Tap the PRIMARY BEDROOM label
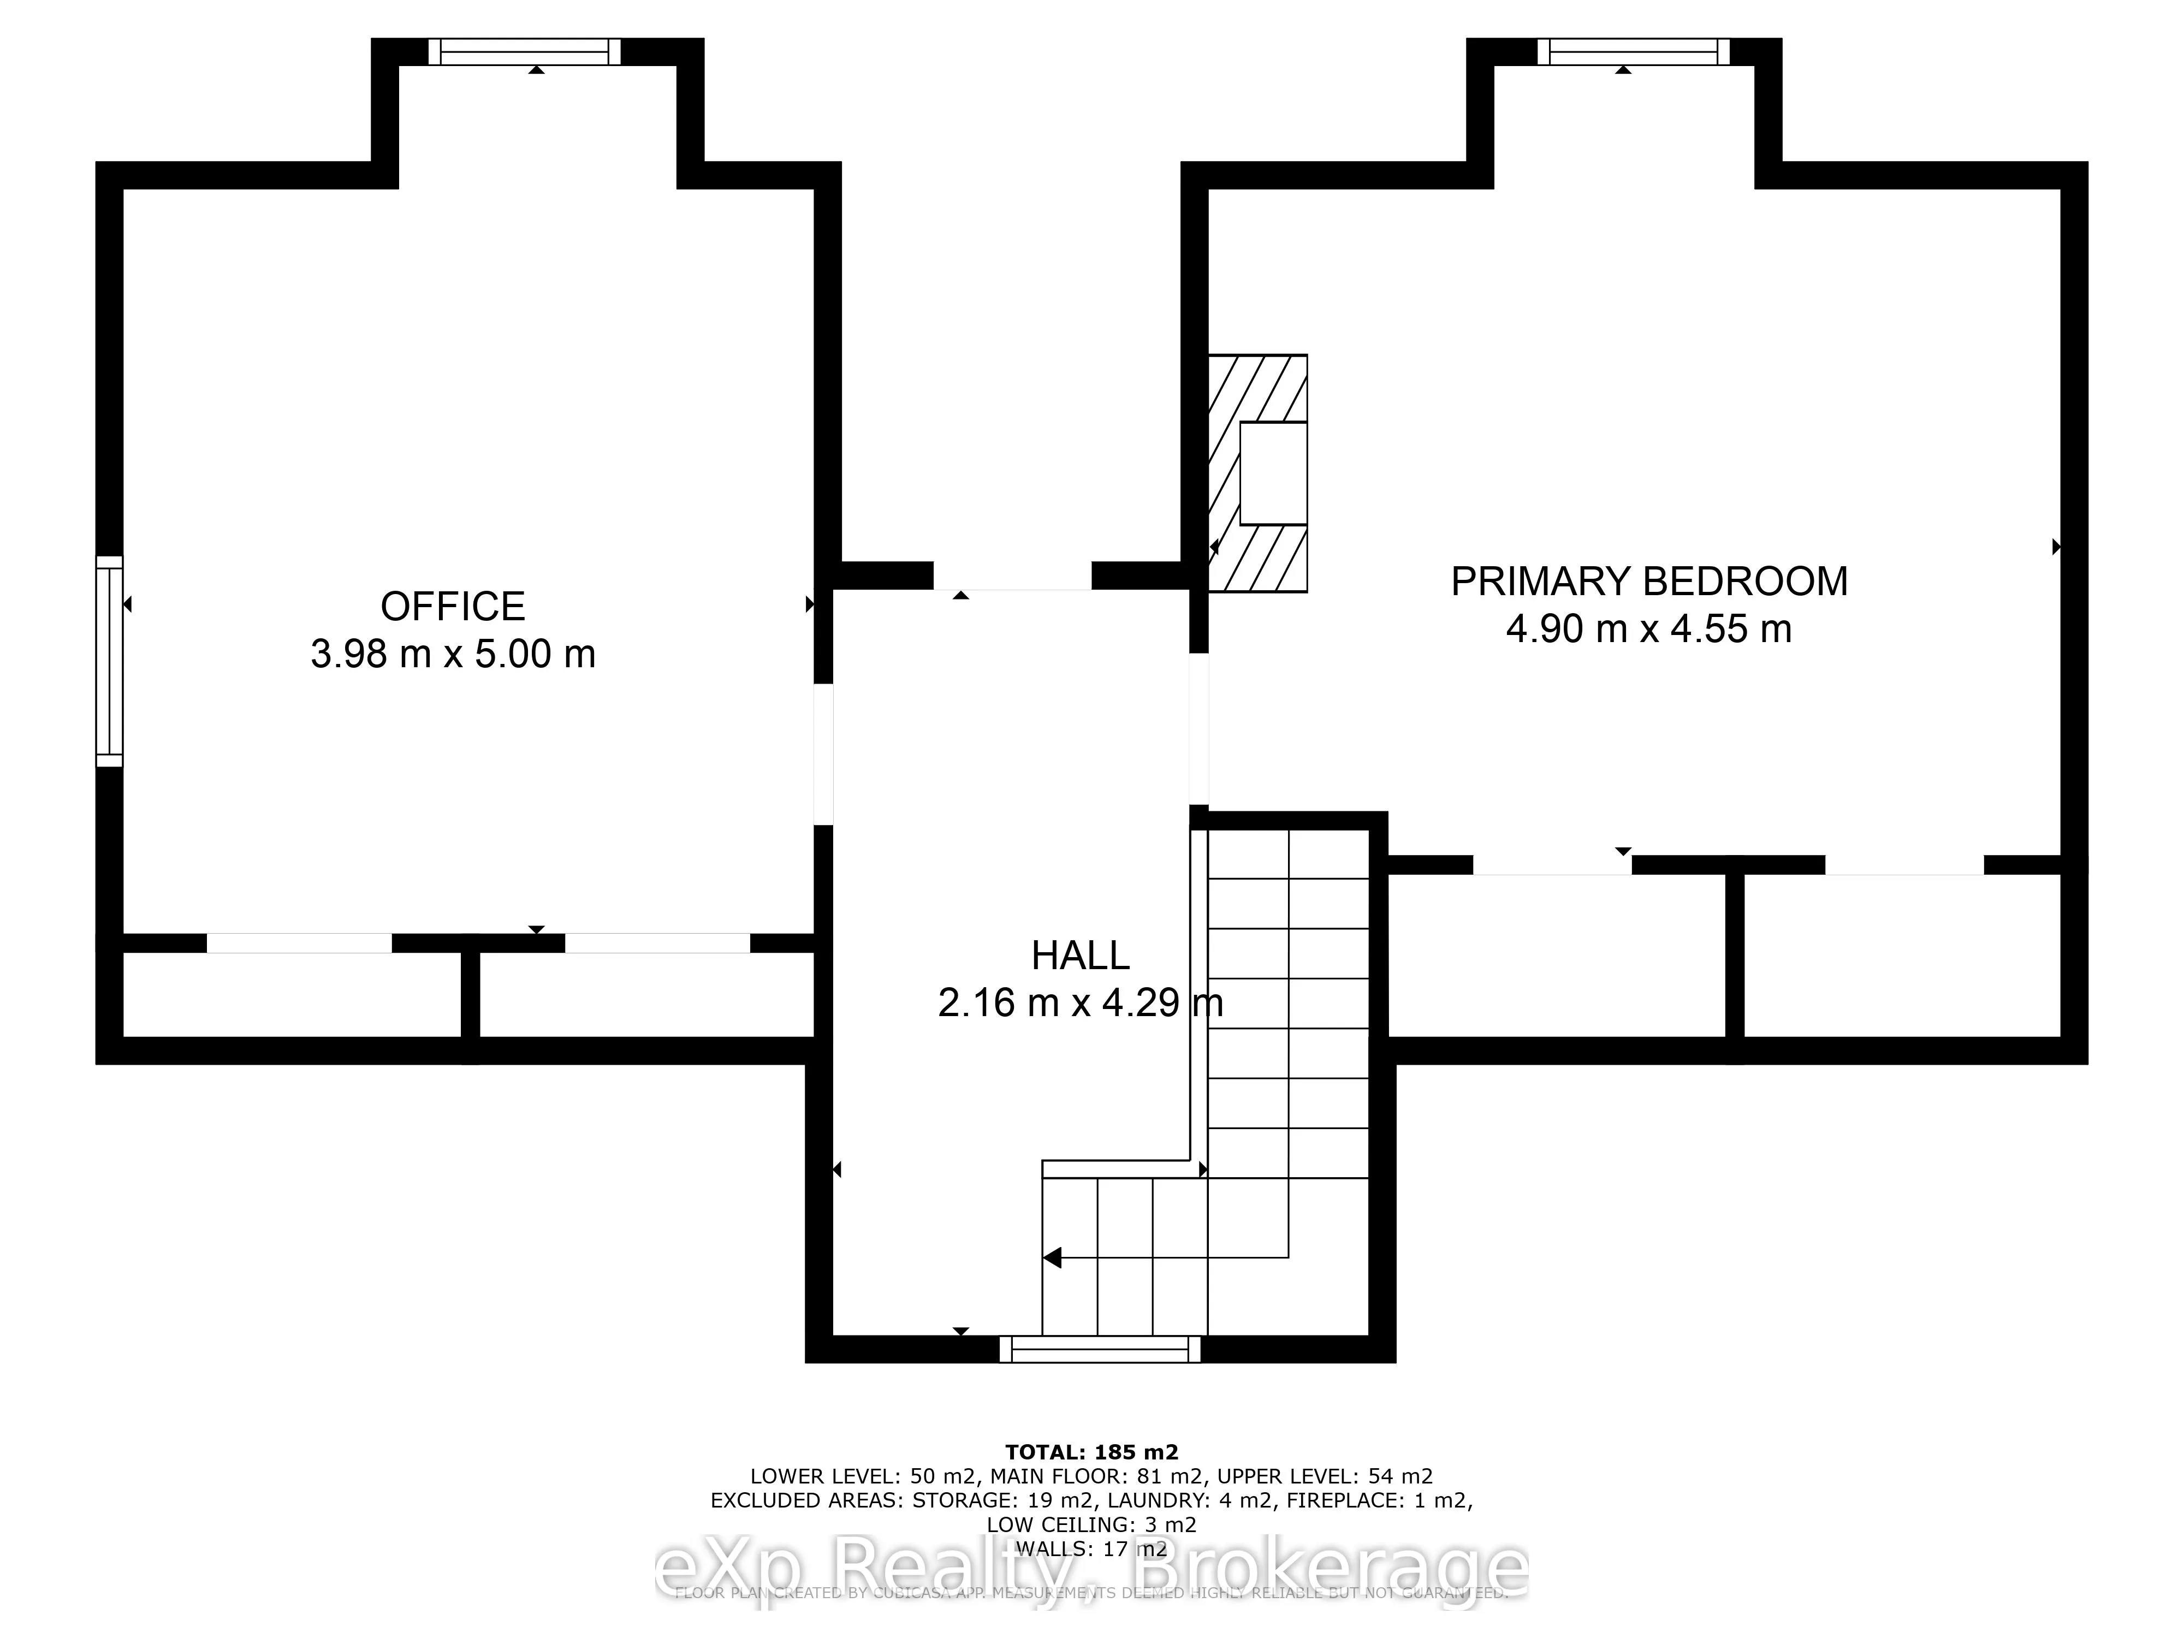tap(1649, 581)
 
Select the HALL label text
tap(1080, 956)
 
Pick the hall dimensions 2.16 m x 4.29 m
tap(1080, 1003)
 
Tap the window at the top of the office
tap(524, 51)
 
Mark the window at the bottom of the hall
tap(1100, 1349)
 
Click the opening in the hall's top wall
tap(1012, 575)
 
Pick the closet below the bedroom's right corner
tap(1902, 956)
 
